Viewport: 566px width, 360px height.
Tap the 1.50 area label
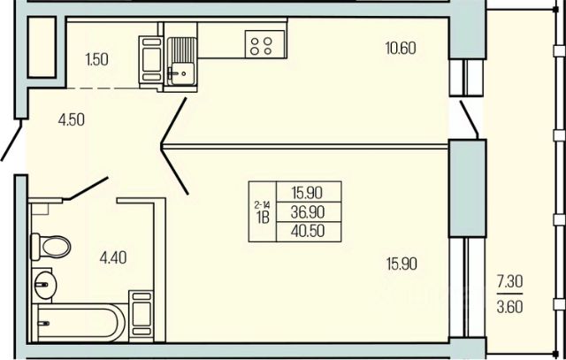click(96, 59)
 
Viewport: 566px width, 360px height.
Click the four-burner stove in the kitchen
click(262, 45)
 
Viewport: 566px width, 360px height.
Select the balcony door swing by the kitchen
click(470, 120)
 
